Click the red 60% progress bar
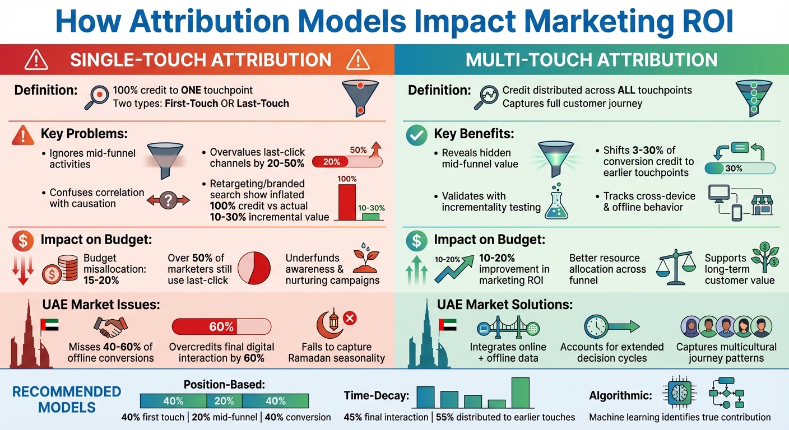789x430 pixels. (x=221, y=326)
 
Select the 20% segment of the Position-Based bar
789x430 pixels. (x=224, y=401)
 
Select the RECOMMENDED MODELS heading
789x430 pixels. (x=66, y=399)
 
